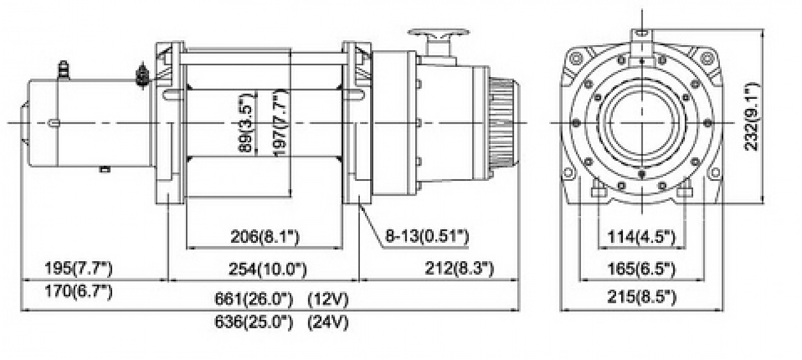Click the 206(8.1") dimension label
[264, 237]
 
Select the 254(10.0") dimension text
[268, 270]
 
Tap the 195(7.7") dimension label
[78, 268]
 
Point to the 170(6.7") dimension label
[78, 292]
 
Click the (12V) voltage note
[328, 299]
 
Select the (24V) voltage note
[328, 322]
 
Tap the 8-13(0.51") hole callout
[427, 237]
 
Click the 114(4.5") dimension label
[641, 237]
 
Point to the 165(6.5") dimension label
[641, 270]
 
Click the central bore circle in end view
[641, 122]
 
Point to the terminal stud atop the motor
[62, 69]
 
